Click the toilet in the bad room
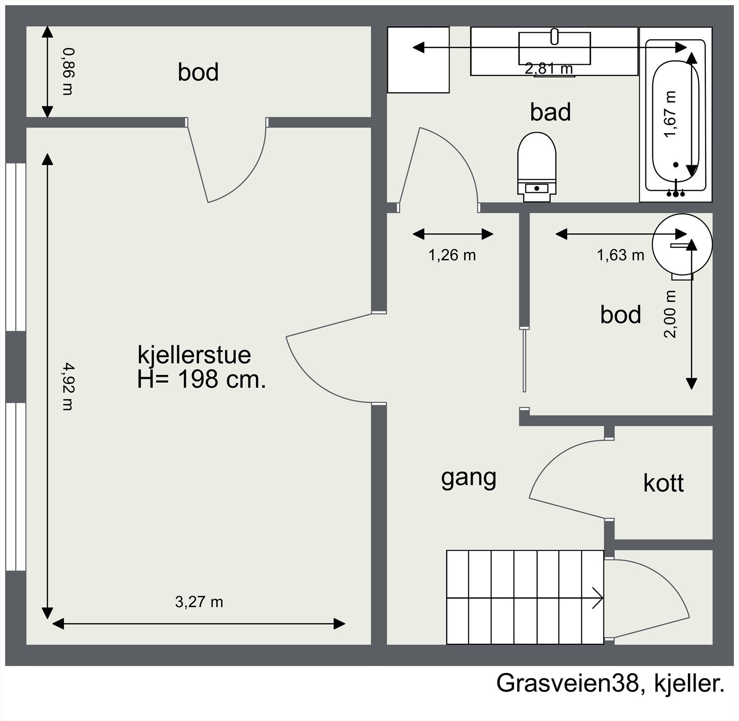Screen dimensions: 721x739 coord(537,167)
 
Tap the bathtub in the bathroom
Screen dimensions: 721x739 coord(675,115)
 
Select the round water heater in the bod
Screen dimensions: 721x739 coord(682,245)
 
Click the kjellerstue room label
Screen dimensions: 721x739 coord(194,355)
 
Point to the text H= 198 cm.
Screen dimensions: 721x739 coord(201,380)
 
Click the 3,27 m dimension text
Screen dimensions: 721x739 coord(199,602)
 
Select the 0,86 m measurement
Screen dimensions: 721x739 coord(67,72)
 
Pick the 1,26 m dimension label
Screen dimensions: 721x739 coord(452,255)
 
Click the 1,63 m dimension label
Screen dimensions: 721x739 coord(620,255)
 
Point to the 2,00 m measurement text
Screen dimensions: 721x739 coord(670,314)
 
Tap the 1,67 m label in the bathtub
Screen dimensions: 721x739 coord(670,114)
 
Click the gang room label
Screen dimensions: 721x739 coord(468,478)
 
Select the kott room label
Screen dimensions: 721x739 coord(663,483)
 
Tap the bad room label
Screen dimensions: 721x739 coord(550,112)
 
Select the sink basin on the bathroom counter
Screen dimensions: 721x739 coord(555,48)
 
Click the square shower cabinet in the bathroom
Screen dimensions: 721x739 coord(418,60)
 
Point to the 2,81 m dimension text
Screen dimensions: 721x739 coord(549,69)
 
